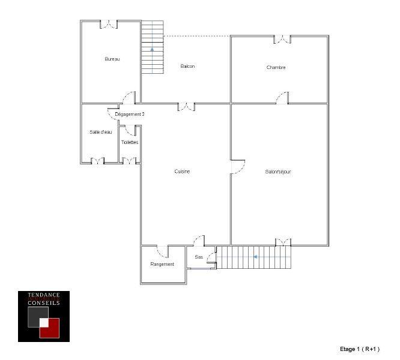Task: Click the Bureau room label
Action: (112, 59)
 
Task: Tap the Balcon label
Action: (187, 66)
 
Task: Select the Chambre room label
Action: (276, 67)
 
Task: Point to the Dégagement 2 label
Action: (130, 113)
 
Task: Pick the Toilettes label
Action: (130, 142)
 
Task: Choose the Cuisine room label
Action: (182, 172)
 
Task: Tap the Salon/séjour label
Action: (278, 172)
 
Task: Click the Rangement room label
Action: (162, 264)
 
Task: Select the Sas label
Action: (199, 257)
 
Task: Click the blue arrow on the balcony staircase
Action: (153, 49)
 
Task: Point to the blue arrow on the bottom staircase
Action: (255, 257)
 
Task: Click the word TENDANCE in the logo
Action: (44, 295)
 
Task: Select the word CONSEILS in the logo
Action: (44, 303)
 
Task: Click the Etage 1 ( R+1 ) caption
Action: (360, 349)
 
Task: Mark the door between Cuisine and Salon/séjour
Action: (237, 167)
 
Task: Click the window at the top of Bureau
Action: (108, 25)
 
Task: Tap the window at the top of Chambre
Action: (282, 40)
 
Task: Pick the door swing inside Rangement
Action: (162, 252)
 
